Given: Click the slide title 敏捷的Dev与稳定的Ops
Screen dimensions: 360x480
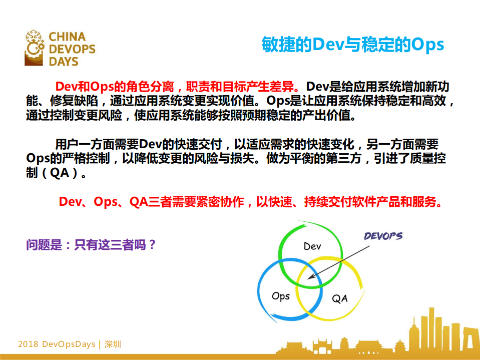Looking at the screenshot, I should [353, 45].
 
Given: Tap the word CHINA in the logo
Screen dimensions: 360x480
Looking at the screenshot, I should [67, 37].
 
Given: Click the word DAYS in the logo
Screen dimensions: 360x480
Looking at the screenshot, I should [64, 62].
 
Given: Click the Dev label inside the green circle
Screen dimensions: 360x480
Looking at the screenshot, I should [312, 246].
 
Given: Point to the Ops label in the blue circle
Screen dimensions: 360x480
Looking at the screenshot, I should [281, 296].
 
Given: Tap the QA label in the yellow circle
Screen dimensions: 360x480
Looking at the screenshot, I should [340, 299].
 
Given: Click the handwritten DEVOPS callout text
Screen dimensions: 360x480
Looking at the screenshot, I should [383, 236].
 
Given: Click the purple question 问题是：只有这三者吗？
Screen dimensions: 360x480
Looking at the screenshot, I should [92, 245].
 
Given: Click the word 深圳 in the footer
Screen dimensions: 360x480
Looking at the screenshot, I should [114, 344].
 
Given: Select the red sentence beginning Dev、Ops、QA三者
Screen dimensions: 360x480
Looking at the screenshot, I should [250, 202].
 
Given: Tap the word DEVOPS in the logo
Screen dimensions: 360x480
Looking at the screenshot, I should [72, 49].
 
